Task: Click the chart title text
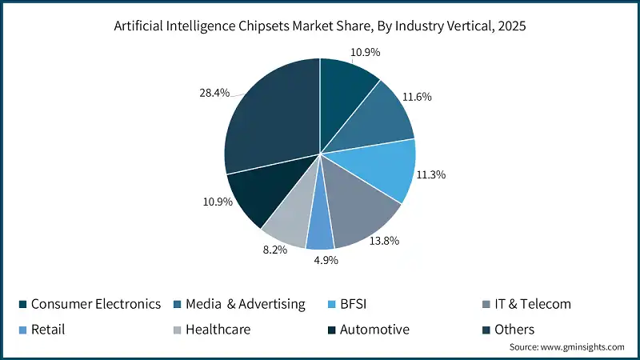coord(320,27)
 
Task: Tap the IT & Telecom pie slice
coord(364,208)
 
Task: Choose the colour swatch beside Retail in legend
coord(22,329)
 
